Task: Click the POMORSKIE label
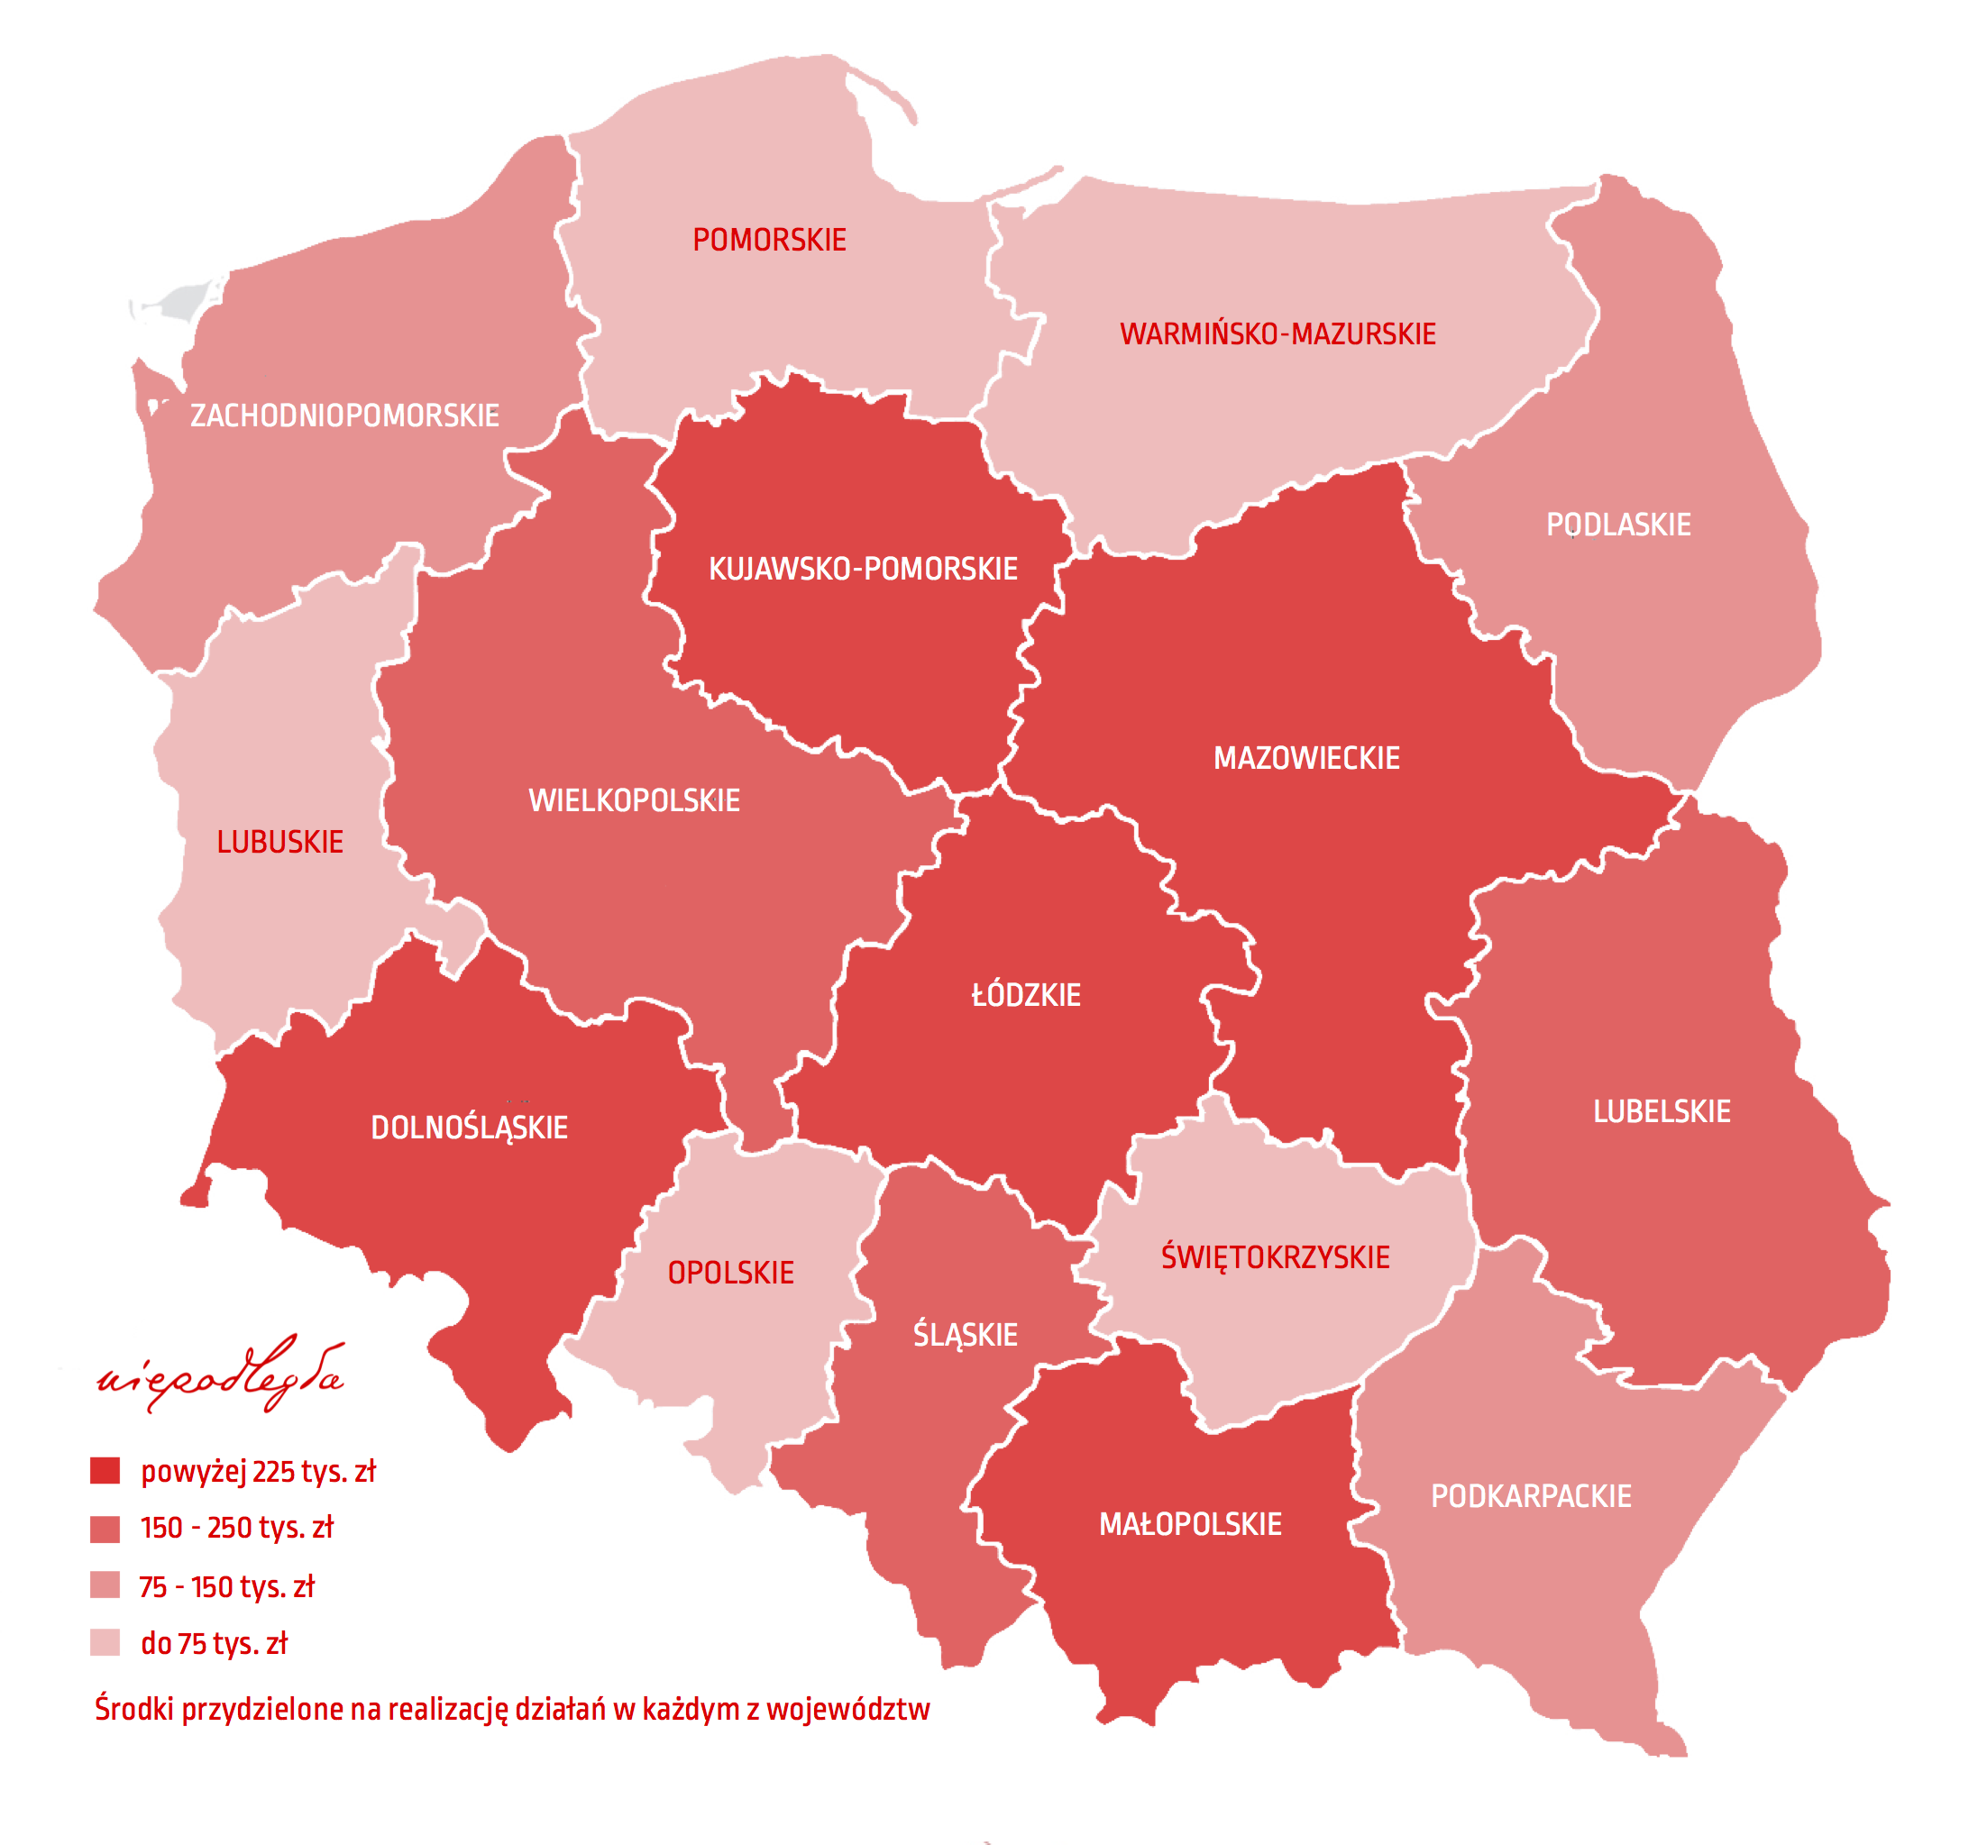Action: tap(769, 241)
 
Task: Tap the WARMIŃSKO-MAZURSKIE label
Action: tap(1277, 334)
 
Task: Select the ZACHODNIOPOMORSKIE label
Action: tap(344, 416)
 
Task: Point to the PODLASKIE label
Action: tap(1617, 525)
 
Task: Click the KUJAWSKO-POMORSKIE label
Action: tap(863, 569)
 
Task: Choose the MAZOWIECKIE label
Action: tap(1306, 759)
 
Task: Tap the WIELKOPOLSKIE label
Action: tap(634, 800)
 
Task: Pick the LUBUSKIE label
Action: tap(279, 843)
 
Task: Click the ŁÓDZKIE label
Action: tap(1025, 995)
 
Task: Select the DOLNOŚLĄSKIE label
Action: tap(470, 1128)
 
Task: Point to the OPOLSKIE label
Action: tap(731, 1273)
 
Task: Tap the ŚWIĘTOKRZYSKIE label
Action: tap(1275, 1257)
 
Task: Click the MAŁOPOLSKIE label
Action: tap(1190, 1524)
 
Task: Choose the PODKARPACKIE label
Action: tap(1531, 1496)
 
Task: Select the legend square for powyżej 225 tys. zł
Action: tap(105, 1471)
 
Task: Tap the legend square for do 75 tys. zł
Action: tap(105, 1642)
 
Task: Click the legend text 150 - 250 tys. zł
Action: tap(236, 1529)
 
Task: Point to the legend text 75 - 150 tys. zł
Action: tap(226, 1587)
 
